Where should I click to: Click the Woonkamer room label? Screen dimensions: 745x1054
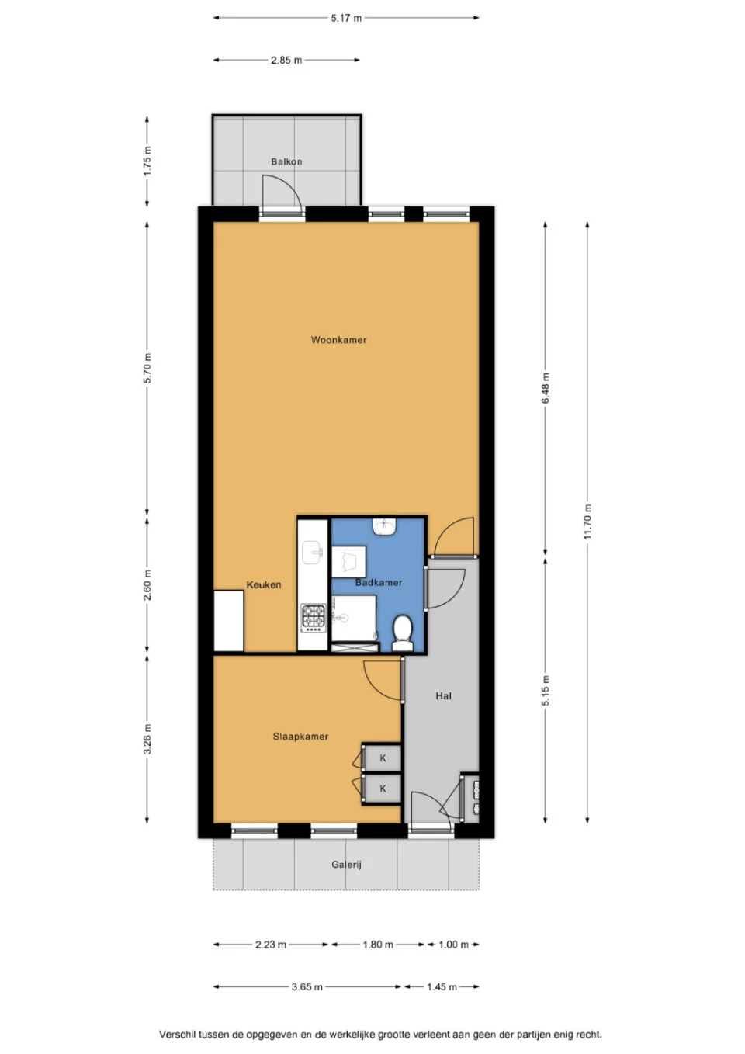[x=338, y=340]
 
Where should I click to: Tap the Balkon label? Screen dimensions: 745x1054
[x=286, y=161]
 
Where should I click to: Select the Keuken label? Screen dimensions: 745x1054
[x=264, y=585]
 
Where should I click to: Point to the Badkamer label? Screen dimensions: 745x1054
[x=379, y=583]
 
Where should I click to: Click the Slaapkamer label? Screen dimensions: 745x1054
[x=300, y=737]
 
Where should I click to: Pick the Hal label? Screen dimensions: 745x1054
[x=444, y=695]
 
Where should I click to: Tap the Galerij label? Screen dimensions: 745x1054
[x=347, y=865]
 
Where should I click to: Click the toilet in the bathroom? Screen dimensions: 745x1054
[x=403, y=633]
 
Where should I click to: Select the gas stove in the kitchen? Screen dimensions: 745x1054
[x=314, y=618]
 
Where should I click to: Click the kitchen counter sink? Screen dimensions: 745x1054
[x=312, y=553]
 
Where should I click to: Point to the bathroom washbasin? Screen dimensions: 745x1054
[x=385, y=526]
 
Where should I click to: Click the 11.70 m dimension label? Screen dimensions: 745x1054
[x=587, y=522]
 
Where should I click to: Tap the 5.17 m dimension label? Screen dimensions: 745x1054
[x=346, y=18]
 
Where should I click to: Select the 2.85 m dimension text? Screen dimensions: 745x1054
[x=286, y=60]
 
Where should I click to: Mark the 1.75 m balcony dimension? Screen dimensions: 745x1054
[x=147, y=161]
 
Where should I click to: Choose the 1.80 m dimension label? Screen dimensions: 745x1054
[x=378, y=945]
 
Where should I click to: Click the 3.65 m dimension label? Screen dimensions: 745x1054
[x=307, y=986]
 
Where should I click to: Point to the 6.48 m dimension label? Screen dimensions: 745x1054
[x=546, y=388]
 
